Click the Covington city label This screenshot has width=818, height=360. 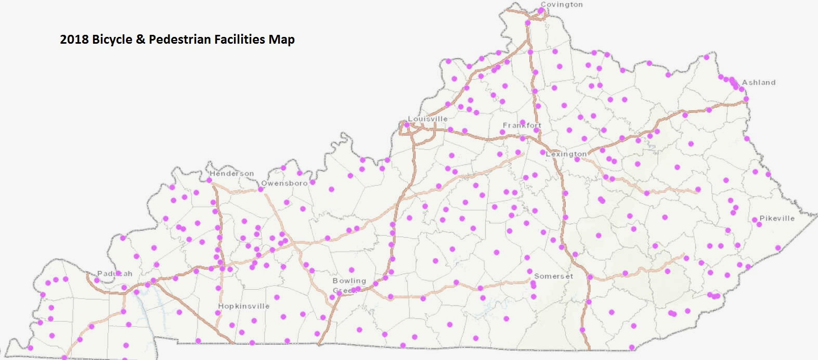[562, 5]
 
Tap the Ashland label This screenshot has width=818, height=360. [758, 83]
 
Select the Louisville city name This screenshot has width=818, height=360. [427, 119]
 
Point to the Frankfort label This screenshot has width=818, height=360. [522, 125]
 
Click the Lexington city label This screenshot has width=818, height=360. [566, 154]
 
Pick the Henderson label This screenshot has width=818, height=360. [231, 174]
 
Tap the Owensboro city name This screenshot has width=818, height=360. [284, 184]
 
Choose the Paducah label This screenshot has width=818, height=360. [115, 274]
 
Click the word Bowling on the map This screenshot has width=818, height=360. [349, 281]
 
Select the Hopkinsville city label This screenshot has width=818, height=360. [243, 306]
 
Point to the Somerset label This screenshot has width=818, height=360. [553, 276]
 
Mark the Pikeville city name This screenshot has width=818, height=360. [777, 218]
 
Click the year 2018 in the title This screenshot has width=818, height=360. [74, 40]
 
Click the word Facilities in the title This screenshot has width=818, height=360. [240, 40]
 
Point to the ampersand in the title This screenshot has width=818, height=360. [140, 40]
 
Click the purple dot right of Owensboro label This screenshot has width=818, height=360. [313, 183]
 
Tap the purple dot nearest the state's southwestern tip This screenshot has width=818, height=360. [31, 348]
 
